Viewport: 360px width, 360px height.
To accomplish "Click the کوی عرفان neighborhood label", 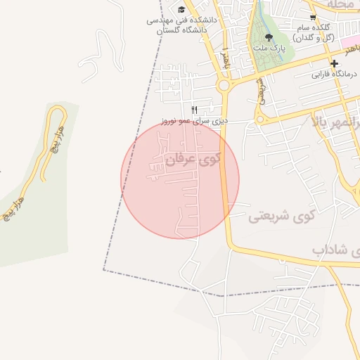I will click(x=193, y=160).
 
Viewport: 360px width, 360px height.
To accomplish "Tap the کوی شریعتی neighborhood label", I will click(x=281, y=217).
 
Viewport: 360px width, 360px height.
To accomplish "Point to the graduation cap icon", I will click(x=181, y=9).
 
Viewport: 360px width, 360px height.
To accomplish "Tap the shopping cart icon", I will click(x=313, y=17).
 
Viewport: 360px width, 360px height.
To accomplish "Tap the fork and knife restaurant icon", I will click(x=195, y=110).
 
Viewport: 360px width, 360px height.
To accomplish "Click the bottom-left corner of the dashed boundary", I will click(x=104, y=269).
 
